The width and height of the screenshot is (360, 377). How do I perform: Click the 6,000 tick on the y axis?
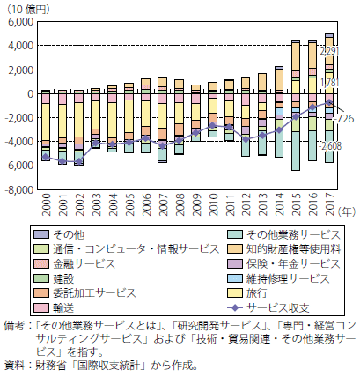19,22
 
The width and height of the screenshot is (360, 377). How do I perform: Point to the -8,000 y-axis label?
18,189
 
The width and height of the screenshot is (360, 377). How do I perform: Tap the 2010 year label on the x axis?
213,204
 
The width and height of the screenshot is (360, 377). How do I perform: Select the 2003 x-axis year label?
97,204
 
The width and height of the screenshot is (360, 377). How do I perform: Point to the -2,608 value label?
330,146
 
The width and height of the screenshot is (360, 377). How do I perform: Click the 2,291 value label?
329,51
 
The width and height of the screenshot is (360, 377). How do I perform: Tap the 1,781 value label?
329,83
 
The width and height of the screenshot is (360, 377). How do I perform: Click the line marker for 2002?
79,161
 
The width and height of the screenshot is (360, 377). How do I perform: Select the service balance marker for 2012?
246,139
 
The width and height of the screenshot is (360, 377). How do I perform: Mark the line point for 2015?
296,116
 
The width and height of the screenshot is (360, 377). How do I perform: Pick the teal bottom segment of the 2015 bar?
296,151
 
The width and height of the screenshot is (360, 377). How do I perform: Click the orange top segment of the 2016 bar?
312,55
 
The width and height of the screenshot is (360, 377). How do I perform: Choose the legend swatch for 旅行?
235,293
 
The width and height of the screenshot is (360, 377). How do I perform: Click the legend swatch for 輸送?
41,307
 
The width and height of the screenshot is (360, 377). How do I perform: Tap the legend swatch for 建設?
41,278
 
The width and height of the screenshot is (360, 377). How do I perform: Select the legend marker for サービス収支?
235,307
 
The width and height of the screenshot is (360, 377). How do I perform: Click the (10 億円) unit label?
28,10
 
